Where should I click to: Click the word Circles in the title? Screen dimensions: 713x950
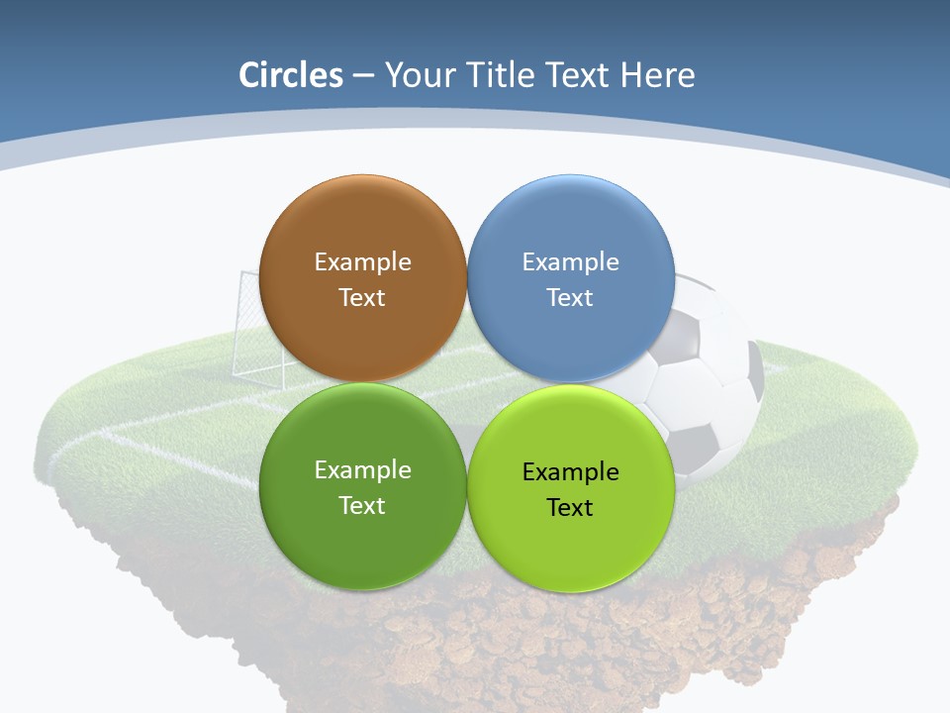(x=290, y=75)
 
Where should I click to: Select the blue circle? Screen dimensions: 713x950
(x=570, y=337)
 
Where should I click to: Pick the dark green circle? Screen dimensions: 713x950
(x=362, y=545)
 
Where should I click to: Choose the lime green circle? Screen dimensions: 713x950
(x=570, y=550)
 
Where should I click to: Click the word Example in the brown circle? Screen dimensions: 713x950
(x=362, y=262)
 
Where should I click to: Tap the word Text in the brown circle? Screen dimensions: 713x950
(x=362, y=298)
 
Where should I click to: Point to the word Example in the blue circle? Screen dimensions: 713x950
(x=570, y=262)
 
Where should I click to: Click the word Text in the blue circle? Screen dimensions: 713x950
(x=570, y=298)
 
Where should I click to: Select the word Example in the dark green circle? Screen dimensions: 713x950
(x=362, y=470)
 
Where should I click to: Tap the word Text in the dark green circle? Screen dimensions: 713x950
(x=362, y=506)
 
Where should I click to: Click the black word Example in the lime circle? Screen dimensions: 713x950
(x=570, y=472)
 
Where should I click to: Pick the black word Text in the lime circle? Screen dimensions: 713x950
(x=570, y=508)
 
